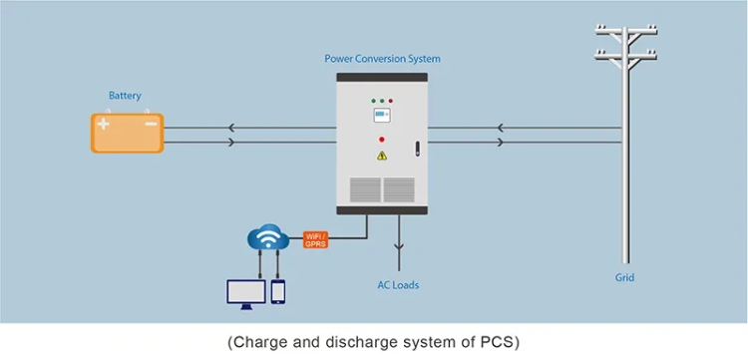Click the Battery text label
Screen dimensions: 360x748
click(x=125, y=97)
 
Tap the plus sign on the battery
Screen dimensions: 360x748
click(x=104, y=125)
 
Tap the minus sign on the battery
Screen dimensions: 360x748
click(x=150, y=125)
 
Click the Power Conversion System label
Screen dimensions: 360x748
click(x=382, y=59)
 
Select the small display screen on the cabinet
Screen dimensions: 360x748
click(x=381, y=117)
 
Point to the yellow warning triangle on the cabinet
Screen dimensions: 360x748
click(x=381, y=156)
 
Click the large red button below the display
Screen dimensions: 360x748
click(x=381, y=139)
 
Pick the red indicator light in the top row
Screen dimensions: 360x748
click(x=391, y=101)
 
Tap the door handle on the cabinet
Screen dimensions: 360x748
click(x=418, y=151)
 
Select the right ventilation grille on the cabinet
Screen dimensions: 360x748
click(x=399, y=188)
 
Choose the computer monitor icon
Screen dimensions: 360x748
click(x=245, y=291)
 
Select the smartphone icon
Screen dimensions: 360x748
click(x=278, y=291)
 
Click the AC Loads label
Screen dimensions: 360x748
click(x=399, y=285)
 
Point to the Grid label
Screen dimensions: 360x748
click(x=624, y=278)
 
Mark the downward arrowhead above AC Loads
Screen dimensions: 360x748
click(x=399, y=249)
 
